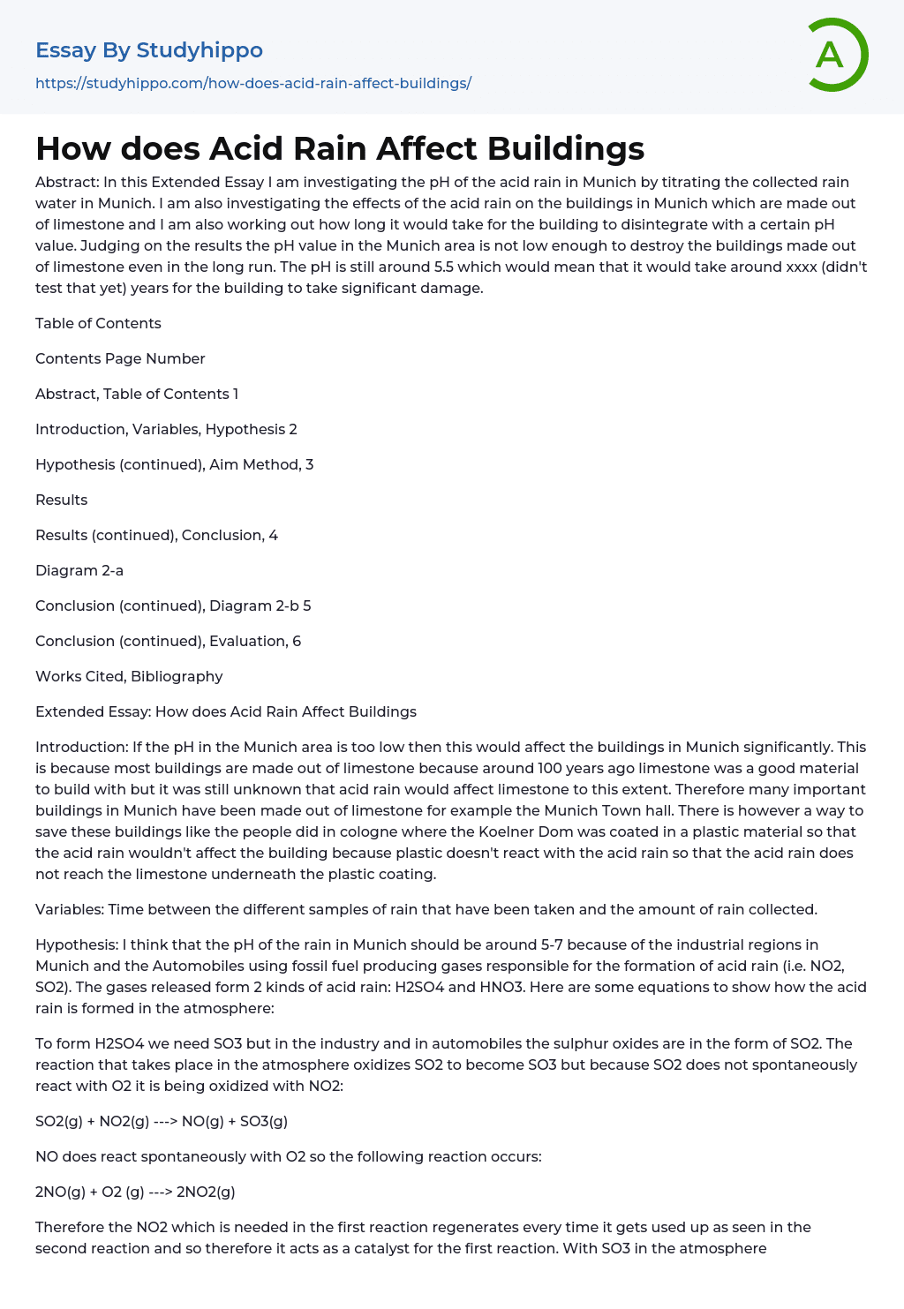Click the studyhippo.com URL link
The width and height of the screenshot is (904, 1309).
point(253,83)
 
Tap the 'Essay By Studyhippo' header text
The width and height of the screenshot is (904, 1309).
point(149,50)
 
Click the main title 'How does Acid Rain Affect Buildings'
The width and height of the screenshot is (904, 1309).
point(340,148)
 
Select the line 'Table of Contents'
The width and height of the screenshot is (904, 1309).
point(98,323)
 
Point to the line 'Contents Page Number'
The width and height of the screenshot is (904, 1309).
point(120,358)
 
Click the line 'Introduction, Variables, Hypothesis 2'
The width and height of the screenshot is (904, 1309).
point(166,429)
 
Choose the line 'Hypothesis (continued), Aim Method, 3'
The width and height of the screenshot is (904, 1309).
point(174,464)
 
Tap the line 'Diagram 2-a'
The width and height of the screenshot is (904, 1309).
point(79,570)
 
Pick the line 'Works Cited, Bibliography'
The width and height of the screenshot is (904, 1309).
point(129,676)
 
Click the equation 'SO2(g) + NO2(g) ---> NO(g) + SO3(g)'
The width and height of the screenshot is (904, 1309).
point(162,1121)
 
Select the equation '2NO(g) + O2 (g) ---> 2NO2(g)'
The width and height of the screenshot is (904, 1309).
point(135,1192)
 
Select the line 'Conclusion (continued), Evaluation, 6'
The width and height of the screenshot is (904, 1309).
point(168,641)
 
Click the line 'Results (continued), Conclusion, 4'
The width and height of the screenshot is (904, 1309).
point(156,535)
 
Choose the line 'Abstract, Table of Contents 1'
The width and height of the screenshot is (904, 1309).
point(137,394)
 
